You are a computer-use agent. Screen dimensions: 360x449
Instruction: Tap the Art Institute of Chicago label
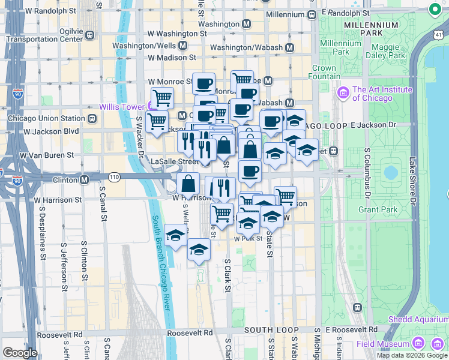[x=382, y=94]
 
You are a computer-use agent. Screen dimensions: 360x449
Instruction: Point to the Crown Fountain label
[x=324, y=73]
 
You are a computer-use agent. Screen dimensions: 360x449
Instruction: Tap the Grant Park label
[x=378, y=209]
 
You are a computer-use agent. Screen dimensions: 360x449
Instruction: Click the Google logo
[x=20, y=353]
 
